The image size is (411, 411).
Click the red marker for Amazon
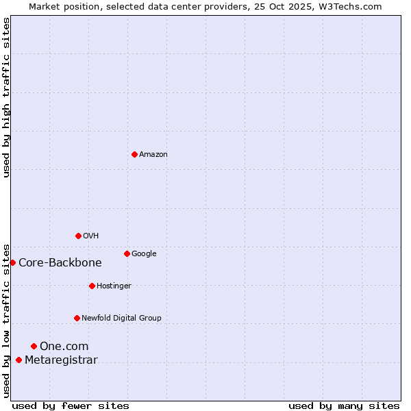pos(134,154)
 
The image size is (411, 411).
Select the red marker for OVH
pos(78,236)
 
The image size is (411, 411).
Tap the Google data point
pos(127,253)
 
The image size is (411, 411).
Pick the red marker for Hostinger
pos(92,286)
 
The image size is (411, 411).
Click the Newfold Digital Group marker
pos(77,318)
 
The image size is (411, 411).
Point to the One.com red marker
pos(34,346)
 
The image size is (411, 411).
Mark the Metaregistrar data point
pos(18,360)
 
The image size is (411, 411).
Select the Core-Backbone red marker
pos(12,262)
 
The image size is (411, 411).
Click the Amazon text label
pos(153,154)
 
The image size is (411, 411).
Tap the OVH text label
pos(91,236)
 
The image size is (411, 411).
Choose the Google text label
pos(144,253)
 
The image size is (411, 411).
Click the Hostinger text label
pos(114,286)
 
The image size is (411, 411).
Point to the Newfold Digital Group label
pos(121,318)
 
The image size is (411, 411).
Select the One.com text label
pos(64,346)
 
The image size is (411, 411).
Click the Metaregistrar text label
pos(61,360)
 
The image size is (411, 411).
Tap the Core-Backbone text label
pos(60,262)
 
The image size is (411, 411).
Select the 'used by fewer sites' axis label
pos(71,406)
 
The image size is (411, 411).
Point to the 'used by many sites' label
pos(344,406)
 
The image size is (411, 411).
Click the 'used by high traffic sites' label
pos(6,97)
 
